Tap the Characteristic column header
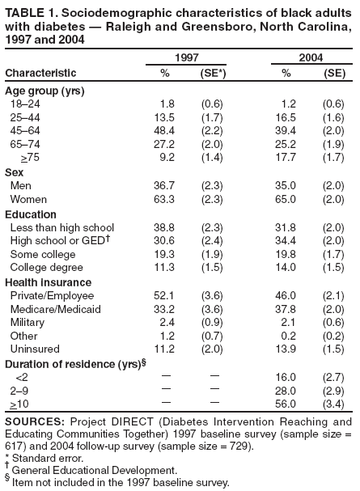pos(41,74)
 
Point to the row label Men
pos(21,185)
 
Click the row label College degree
pos(46,267)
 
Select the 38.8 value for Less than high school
pos(163,227)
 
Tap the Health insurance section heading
pos(44,281)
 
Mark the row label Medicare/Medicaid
pos(55,309)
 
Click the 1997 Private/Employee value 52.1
pos(163,295)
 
